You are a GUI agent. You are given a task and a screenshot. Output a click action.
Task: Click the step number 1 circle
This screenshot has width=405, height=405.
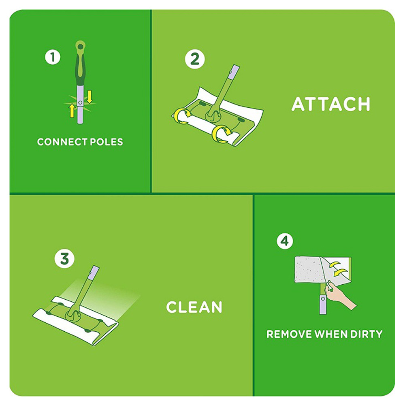53,57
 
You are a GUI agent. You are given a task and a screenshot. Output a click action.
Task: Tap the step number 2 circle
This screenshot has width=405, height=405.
195,59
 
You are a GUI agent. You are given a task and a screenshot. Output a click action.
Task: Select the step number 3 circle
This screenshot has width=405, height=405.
64,258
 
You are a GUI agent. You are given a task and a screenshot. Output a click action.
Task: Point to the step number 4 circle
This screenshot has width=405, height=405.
285,241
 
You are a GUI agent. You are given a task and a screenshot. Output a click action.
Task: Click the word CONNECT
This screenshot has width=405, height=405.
61,142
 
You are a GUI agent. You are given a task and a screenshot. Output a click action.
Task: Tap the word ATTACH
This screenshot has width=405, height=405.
330,104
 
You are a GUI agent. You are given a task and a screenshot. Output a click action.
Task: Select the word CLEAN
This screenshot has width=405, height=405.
194,307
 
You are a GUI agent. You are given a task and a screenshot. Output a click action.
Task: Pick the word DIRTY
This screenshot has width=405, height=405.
366,334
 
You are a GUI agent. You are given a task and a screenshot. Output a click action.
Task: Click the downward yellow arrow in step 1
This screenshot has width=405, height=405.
89,97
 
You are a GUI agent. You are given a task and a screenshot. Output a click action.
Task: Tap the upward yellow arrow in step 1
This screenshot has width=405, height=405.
72,111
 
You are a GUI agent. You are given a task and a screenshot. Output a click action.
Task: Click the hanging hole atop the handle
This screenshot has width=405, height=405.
81,47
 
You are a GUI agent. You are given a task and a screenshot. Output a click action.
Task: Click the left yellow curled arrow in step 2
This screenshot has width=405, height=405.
181,115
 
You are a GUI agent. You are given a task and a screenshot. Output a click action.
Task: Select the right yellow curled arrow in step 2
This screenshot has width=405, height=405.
221,134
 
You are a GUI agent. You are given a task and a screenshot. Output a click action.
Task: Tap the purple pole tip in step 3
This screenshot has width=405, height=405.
94,273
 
